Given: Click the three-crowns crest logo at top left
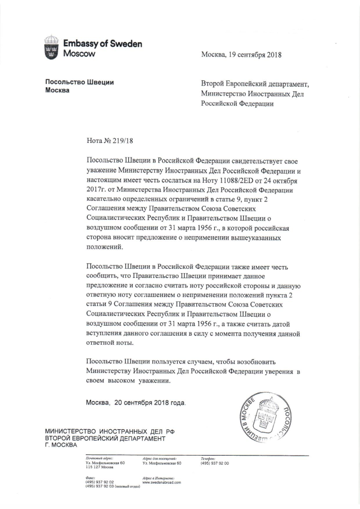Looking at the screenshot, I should tap(51, 48).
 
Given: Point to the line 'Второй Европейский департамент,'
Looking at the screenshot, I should tap(255, 84).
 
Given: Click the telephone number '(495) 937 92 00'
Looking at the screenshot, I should tap(214, 462).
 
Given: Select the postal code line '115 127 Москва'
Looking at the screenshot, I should tap(99, 467).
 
